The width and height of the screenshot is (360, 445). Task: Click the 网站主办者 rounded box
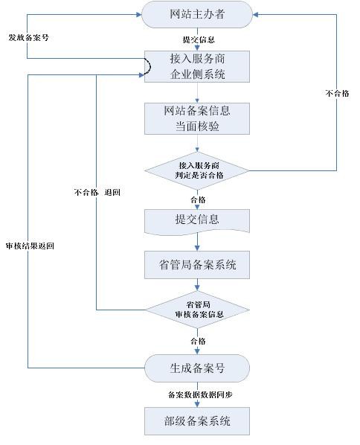click(x=197, y=14)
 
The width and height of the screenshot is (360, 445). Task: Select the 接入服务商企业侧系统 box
click(x=197, y=67)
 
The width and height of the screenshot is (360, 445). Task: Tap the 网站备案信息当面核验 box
click(x=197, y=118)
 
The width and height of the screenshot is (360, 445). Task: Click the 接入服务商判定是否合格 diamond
click(x=197, y=170)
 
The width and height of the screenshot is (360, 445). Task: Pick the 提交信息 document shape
click(x=197, y=222)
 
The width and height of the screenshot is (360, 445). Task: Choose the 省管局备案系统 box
click(x=197, y=264)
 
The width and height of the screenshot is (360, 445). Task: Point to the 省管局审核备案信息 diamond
click(x=197, y=310)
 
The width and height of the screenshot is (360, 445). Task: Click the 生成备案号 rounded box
click(x=197, y=368)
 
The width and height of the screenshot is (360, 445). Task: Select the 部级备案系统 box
click(x=197, y=421)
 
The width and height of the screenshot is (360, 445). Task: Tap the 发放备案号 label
click(x=29, y=37)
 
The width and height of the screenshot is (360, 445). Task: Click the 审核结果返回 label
click(x=30, y=246)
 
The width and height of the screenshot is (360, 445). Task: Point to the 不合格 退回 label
click(x=97, y=193)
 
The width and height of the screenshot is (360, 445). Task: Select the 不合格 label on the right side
click(x=337, y=93)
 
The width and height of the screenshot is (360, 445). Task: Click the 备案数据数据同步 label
click(x=200, y=394)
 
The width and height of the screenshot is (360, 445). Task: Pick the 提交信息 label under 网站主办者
click(x=199, y=39)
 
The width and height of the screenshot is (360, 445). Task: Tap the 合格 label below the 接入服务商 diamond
click(x=198, y=199)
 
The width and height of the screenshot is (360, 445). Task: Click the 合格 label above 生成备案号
click(x=198, y=341)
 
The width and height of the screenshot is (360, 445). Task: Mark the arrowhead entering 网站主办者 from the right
click(x=255, y=14)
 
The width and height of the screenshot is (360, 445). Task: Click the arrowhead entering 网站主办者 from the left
click(x=139, y=14)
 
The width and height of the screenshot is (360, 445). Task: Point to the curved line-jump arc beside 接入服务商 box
click(x=149, y=66)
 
